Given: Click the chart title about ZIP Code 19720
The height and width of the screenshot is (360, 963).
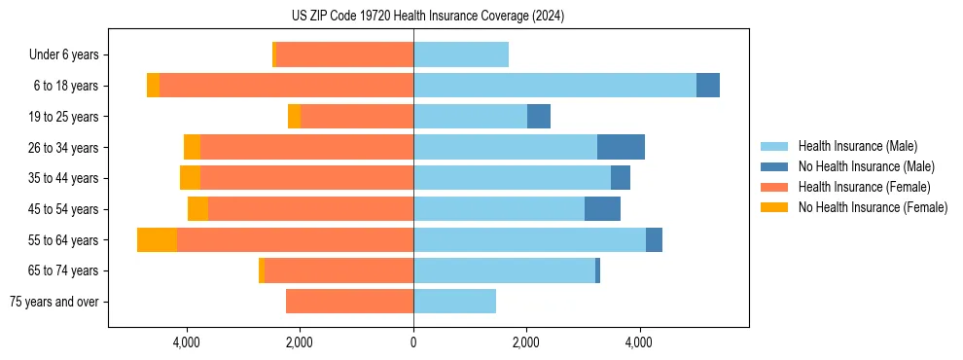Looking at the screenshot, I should (427, 17).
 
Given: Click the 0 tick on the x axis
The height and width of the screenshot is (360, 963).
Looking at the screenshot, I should (413, 342).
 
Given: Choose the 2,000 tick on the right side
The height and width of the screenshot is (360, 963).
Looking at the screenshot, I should (525, 342).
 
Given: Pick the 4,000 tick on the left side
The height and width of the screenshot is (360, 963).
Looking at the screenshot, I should (186, 342).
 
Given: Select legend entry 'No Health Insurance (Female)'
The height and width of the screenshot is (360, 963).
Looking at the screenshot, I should (873, 207).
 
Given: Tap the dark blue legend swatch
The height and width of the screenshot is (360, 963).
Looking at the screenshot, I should (774, 166).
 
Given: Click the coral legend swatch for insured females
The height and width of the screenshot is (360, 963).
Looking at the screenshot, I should (774, 187).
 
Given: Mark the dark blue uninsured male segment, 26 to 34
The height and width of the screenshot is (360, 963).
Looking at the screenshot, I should (621, 147).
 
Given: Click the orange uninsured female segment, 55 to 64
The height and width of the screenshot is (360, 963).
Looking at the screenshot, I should (157, 239).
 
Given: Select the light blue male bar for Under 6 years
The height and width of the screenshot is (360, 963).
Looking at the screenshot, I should (461, 54).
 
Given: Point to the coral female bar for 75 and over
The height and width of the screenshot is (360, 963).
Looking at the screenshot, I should (349, 302).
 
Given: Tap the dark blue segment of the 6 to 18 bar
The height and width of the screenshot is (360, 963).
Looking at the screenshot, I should (708, 86).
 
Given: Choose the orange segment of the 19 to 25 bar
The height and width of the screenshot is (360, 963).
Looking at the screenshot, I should (294, 117).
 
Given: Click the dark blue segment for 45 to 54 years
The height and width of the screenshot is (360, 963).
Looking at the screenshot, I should (602, 209).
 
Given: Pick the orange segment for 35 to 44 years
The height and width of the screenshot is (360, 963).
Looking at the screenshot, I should (190, 178).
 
